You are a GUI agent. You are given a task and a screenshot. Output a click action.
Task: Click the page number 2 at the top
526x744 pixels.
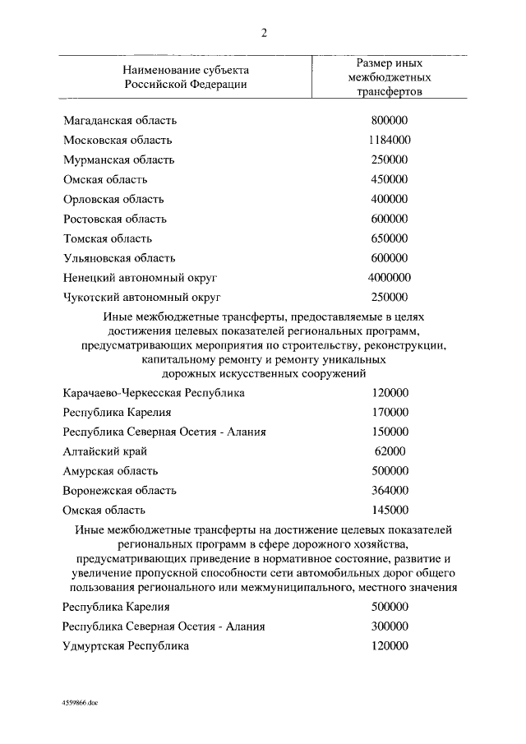click(264, 33)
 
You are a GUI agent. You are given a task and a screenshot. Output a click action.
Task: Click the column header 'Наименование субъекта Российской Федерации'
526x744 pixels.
click(186, 76)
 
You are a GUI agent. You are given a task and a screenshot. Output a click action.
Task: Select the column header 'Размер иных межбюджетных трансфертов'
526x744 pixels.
click(389, 77)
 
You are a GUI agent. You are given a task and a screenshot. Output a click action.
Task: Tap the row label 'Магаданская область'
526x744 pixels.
click(120, 121)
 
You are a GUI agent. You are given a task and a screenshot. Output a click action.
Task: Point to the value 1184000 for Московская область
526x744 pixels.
click(389, 140)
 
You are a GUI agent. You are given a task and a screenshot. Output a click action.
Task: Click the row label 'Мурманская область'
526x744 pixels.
click(118, 159)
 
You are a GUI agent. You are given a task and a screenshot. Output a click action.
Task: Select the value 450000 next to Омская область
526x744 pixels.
click(389, 179)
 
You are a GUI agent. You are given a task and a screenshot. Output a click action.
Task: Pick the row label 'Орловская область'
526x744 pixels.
click(113, 199)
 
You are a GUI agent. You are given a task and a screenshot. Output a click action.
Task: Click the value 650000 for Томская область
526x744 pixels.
click(389, 238)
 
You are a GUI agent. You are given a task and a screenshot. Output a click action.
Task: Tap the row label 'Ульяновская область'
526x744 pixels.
click(119, 258)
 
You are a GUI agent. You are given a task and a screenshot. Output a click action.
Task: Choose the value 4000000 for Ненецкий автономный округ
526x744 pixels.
click(389, 278)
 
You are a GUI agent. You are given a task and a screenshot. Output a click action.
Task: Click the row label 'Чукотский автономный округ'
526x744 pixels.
click(143, 298)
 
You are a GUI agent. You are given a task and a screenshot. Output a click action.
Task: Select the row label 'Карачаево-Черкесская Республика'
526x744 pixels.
click(154, 393)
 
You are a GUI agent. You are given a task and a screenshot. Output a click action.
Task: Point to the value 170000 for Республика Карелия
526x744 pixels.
click(389, 413)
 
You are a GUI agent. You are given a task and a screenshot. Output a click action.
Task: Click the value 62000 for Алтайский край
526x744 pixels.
click(389, 451)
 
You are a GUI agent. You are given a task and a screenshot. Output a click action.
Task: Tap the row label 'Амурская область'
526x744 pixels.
click(110, 471)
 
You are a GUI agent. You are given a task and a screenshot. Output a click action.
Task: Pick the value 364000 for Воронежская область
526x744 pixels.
click(389, 491)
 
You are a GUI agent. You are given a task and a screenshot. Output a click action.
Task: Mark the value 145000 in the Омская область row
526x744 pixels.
click(389, 511)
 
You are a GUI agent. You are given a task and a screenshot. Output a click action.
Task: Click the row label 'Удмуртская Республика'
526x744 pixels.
click(126, 646)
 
